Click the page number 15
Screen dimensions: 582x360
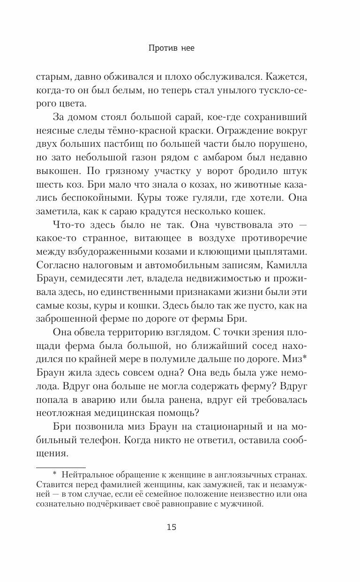(x=171, y=527)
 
